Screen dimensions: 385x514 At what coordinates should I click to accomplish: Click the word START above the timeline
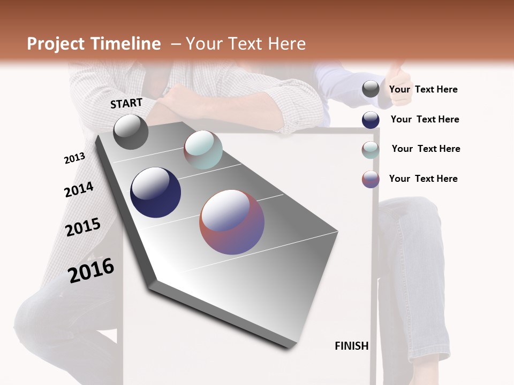[x=126, y=103]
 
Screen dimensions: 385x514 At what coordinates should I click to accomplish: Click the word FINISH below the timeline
[x=351, y=346]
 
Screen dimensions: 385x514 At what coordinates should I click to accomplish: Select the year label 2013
[x=74, y=158]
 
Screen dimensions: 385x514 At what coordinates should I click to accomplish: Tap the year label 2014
[x=79, y=189]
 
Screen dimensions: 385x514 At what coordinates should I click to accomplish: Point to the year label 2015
[x=83, y=227]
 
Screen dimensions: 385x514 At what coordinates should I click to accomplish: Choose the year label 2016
[x=91, y=271]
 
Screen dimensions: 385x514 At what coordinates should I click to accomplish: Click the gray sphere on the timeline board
[x=131, y=132]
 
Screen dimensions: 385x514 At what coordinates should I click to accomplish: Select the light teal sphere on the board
[x=203, y=150]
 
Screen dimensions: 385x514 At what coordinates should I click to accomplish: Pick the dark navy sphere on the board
[x=155, y=192]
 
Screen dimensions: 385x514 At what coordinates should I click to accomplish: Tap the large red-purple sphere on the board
[x=232, y=222]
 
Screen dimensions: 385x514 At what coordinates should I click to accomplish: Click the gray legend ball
[x=371, y=89]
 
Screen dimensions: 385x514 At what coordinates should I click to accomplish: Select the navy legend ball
[x=371, y=120]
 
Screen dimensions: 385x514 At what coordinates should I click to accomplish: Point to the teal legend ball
[x=371, y=149]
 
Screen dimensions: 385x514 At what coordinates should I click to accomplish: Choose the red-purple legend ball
[x=371, y=179]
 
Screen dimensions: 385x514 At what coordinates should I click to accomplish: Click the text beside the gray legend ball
[x=423, y=89]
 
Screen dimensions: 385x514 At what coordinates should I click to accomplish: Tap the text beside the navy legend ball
[x=425, y=119]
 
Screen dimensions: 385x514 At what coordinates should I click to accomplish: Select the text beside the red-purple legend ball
[x=423, y=179]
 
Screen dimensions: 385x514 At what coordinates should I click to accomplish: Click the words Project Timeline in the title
[x=94, y=44]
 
